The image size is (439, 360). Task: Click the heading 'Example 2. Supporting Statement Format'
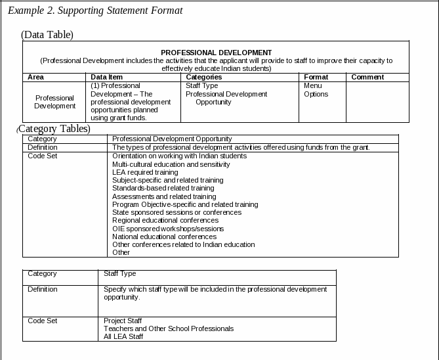95,11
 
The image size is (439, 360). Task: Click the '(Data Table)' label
47,34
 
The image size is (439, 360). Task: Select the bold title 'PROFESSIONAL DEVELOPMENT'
216,53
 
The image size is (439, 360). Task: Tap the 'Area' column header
35,77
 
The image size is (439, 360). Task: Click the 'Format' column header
316,77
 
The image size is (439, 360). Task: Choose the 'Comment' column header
367,77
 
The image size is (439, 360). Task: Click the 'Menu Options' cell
316,90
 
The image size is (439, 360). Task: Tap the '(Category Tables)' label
54,129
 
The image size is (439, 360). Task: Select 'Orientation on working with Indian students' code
179,156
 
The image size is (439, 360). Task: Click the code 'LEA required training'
145,172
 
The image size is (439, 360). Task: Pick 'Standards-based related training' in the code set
163,188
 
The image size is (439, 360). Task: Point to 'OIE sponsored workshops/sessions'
168,229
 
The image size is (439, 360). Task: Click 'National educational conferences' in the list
164,236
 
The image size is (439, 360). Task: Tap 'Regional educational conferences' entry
165,220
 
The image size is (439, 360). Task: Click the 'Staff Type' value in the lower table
119,273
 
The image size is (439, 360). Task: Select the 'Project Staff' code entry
123,321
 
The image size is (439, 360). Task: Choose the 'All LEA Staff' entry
123,336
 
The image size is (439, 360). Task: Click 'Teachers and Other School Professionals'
169,328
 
